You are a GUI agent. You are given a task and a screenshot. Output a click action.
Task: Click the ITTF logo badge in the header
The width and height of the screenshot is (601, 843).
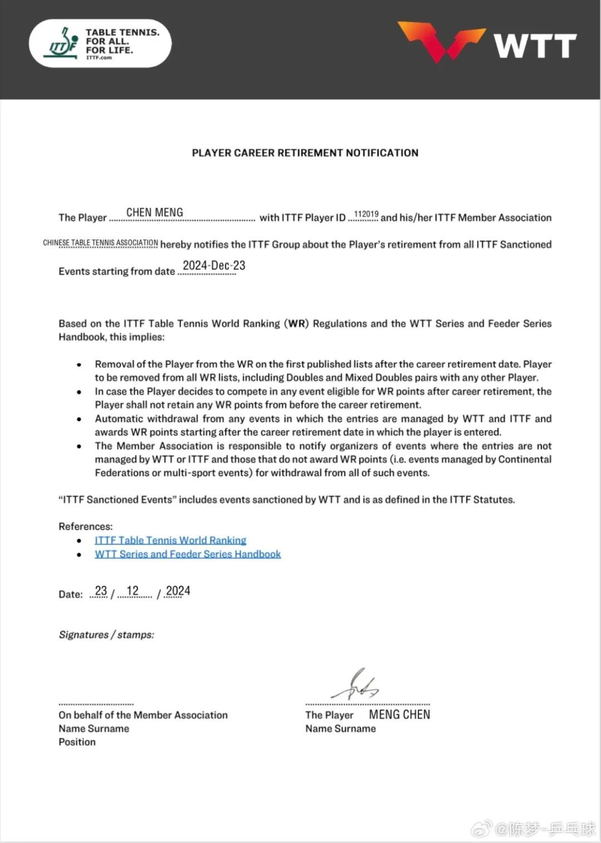(x=100, y=43)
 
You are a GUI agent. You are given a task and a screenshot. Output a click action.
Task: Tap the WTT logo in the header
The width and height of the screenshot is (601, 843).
(x=487, y=42)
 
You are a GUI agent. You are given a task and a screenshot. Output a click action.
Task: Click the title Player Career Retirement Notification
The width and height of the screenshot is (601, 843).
(x=305, y=153)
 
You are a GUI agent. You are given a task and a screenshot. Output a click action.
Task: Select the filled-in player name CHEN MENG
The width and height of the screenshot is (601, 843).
(x=155, y=213)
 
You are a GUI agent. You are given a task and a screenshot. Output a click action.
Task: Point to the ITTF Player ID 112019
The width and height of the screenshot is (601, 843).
(x=366, y=214)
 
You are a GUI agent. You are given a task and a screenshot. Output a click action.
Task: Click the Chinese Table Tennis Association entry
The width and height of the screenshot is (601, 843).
(x=101, y=243)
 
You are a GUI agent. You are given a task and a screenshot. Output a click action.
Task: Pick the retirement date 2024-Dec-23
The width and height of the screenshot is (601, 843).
(x=214, y=266)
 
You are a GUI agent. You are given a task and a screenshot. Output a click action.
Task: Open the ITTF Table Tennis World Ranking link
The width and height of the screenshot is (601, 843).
(x=170, y=540)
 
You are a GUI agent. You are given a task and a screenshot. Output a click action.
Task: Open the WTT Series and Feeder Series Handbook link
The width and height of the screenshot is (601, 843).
(x=188, y=554)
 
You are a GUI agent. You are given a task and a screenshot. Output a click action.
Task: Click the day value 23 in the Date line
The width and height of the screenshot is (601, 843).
(x=101, y=591)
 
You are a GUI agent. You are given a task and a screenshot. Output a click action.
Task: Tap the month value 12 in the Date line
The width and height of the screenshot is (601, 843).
(x=132, y=591)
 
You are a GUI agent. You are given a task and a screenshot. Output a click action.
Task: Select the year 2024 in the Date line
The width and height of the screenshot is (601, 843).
(x=178, y=591)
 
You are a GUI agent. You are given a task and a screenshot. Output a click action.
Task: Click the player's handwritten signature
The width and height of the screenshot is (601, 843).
(x=355, y=685)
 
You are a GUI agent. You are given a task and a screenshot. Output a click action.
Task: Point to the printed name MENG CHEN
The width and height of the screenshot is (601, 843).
(x=400, y=714)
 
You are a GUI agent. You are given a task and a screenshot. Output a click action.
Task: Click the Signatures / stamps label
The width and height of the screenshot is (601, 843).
(x=106, y=635)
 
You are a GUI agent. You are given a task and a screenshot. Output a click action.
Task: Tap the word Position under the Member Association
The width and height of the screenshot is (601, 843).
(x=77, y=742)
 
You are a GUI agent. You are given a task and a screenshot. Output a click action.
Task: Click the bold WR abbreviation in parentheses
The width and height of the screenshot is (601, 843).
(x=297, y=324)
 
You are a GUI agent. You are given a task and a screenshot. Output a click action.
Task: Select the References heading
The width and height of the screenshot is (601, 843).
(x=86, y=526)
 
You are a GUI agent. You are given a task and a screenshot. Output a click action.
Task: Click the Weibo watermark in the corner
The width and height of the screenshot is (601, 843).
(x=534, y=829)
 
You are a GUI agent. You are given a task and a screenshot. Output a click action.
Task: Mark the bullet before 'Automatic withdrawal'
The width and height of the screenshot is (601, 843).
(x=80, y=419)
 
